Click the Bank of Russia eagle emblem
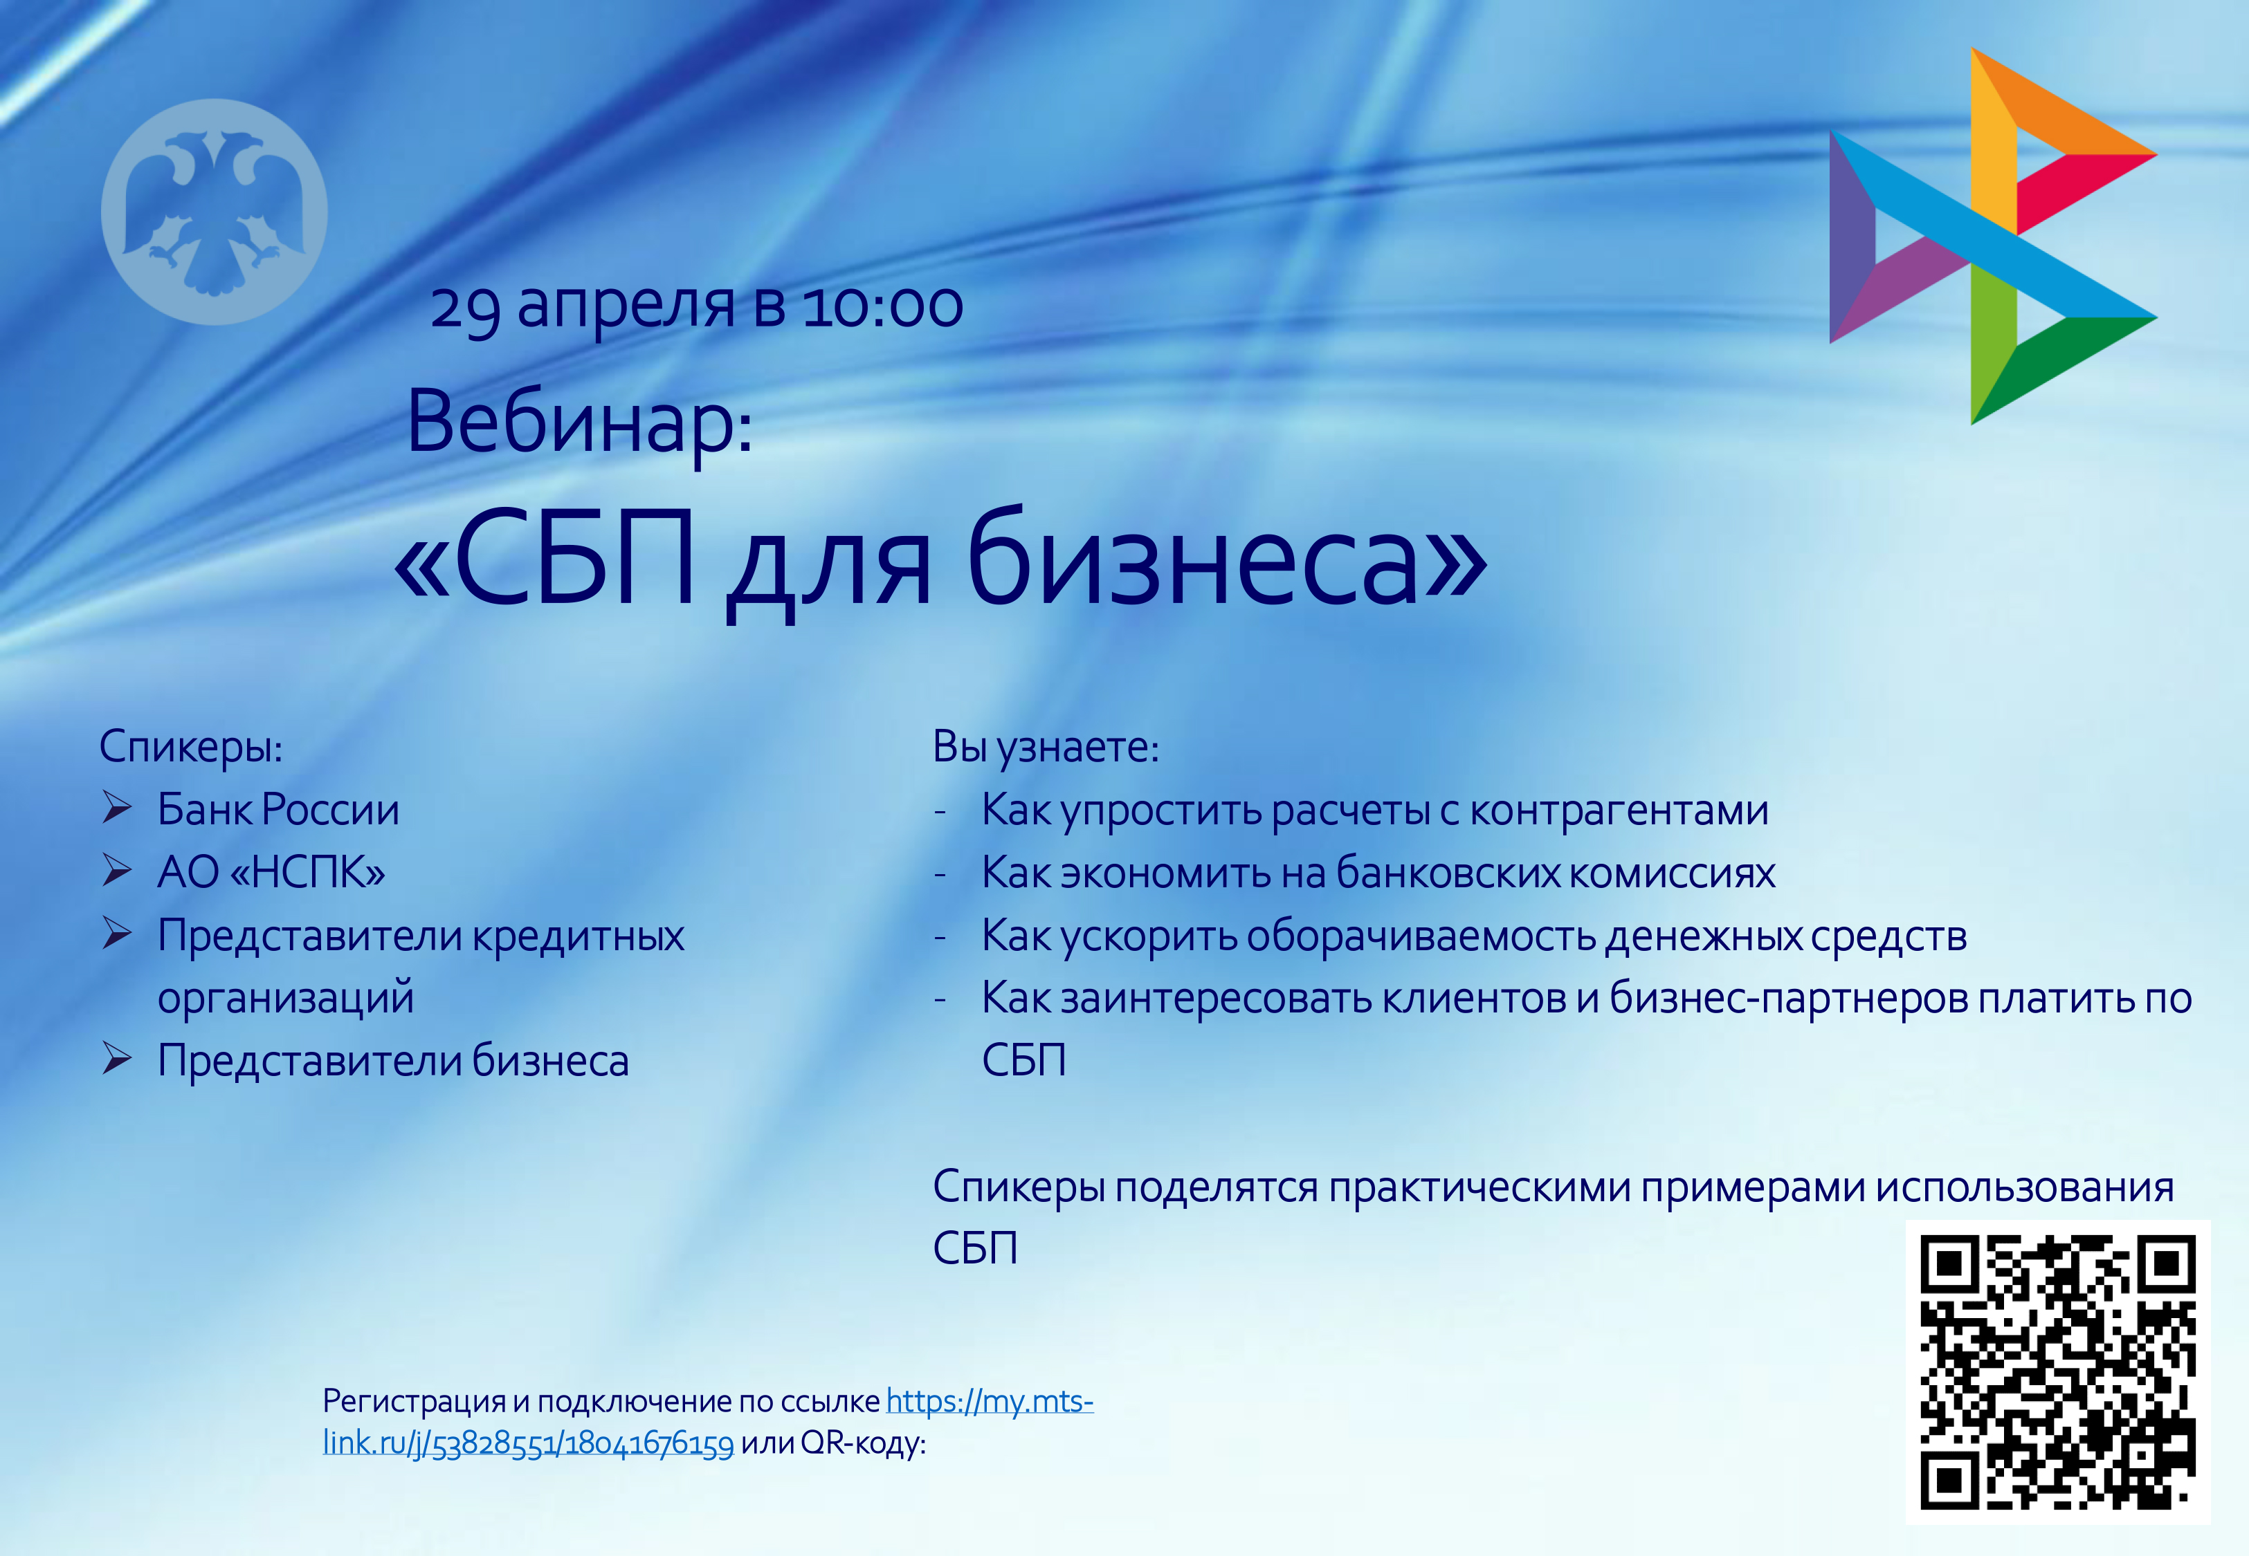(215, 212)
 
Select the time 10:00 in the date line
(882, 306)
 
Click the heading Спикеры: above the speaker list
(191, 747)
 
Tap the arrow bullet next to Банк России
(117, 808)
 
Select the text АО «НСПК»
(271, 871)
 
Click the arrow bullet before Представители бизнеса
(117, 1059)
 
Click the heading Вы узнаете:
(1046, 747)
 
